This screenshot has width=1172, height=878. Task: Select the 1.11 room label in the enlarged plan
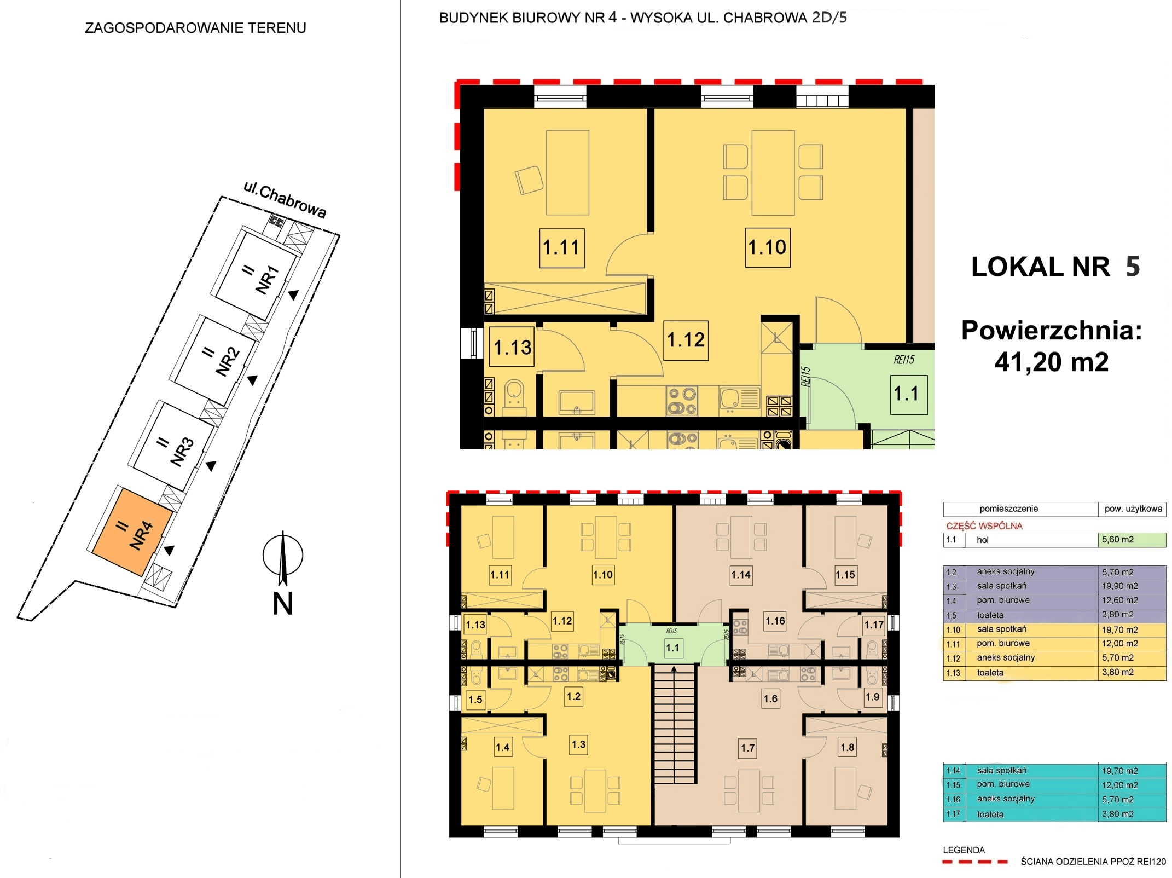[x=562, y=248]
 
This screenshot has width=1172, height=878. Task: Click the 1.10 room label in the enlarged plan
[x=768, y=247]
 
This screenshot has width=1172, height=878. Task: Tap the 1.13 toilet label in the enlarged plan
[x=512, y=347]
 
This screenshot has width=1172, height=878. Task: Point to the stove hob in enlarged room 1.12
[x=682, y=401]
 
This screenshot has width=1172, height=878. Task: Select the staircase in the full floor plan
[x=674, y=724]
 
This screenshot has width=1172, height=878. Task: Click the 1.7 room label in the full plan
[x=748, y=748]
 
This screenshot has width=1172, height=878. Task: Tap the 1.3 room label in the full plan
[x=578, y=744]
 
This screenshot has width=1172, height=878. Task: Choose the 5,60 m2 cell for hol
[x=1132, y=540]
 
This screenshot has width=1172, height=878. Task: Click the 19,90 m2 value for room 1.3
[x=1120, y=586]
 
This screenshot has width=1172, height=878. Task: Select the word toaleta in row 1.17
[x=990, y=815]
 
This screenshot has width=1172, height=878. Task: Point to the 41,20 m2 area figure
[x=1052, y=362]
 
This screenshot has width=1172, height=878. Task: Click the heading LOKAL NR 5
[x=1055, y=267]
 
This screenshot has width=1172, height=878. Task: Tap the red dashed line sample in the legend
[x=975, y=862]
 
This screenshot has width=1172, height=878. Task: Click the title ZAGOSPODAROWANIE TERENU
[x=195, y=28]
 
